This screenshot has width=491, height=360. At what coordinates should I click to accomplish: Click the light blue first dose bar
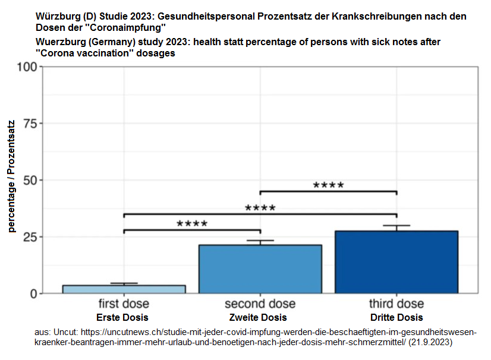click(x=124, y=289)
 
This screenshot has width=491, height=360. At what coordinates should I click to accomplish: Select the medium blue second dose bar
click(x=260, y=269)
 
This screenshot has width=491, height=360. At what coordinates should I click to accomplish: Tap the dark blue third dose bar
click(x=396, y=262)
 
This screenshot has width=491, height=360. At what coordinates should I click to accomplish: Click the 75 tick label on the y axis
click(x=29, y=124)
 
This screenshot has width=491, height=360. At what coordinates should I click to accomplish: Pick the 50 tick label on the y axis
click(x=29, y=180)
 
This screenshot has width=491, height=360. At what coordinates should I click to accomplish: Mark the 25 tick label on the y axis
click(x=29, y=237)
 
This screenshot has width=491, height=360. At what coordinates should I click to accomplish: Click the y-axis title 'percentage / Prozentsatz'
click(x=11, y=176)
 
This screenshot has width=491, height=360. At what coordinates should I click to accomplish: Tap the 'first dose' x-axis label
click(x=124, y=304)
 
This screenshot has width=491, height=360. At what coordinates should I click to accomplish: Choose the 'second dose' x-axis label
click(x=260, y=304)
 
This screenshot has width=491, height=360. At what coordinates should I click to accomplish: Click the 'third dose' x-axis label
click(x=396, y=304)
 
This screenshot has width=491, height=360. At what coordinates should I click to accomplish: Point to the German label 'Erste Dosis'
click(x=122, y=317)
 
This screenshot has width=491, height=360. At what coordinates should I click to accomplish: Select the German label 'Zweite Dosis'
click(x=258, y=317)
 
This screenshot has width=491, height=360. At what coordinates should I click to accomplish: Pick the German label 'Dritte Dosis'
click(x=396, y=317)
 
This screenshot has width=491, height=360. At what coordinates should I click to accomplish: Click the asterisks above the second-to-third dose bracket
click(x=328, y=185)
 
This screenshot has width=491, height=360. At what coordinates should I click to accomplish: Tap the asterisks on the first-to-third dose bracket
click(x=260, y=208)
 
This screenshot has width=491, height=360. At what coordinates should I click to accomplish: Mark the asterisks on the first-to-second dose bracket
click(x=191, y=224)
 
